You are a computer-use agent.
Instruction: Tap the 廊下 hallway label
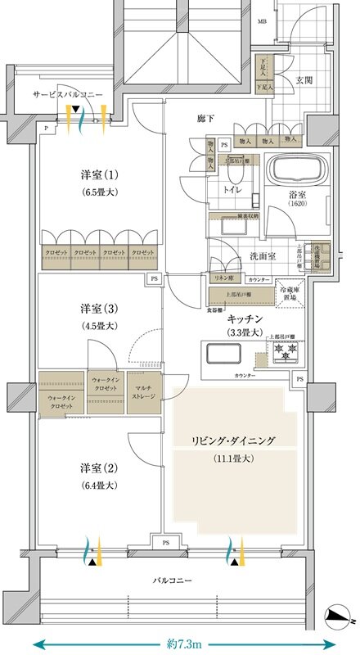(206, 120)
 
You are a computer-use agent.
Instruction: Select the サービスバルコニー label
(68, 95)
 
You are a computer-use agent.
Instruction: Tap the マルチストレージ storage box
(147, 392)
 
